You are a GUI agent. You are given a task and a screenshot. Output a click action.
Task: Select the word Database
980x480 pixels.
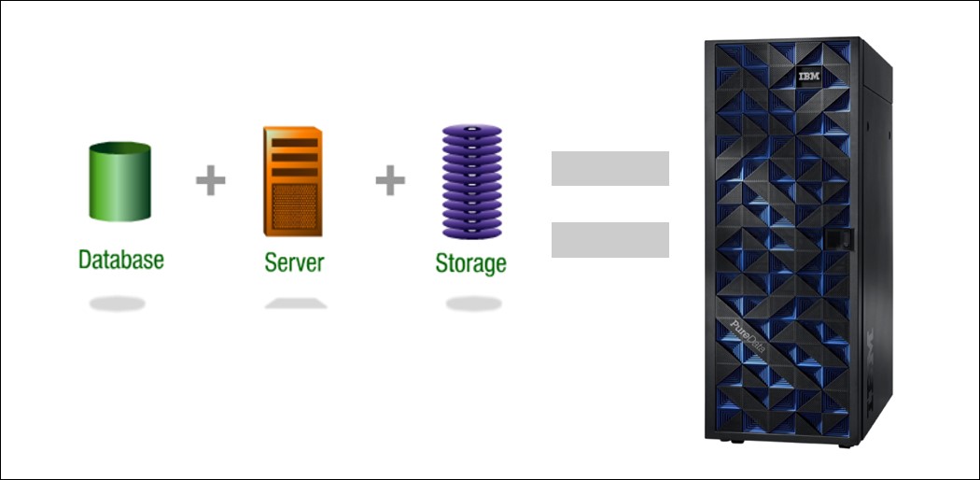click(120, 259)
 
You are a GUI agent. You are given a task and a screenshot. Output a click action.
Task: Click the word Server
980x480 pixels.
click(294, 261)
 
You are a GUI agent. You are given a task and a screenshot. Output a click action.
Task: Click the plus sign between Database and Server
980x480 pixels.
click(211, 180)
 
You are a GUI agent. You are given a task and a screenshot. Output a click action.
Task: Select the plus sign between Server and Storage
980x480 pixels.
click(390, 180)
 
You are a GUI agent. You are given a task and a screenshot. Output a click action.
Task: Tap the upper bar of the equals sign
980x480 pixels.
click(609, 168)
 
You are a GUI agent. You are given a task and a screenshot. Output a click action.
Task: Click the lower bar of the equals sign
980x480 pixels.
click(609, 239)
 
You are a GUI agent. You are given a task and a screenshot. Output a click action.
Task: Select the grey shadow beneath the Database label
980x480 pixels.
click(118, 304)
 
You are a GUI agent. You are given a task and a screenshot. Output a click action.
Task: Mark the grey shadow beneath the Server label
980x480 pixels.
click(295, 304)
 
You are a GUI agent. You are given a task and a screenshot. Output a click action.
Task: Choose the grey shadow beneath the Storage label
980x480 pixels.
click(473, 304)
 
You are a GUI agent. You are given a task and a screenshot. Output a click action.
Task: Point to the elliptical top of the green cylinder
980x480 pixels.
click(118, 148)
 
